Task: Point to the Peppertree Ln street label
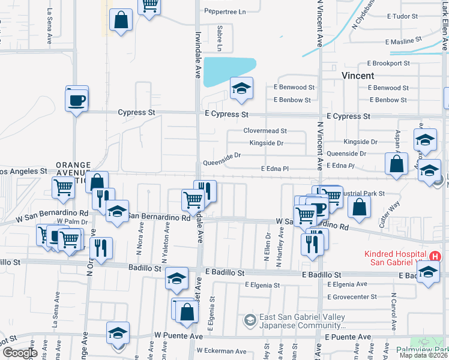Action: pyautogui.click(x=225, y=11)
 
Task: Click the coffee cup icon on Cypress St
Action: pyautogui.click(x=77, y=99)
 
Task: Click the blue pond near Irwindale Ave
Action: pyautogui.click(x=229, y=71)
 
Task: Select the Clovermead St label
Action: pyautogui.click(x=265, y=130)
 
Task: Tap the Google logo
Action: pyautogui.click(x=19, y=352)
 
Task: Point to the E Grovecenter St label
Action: pyautogui.click(x=352, y=296)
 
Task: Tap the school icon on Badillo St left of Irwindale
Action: pyautogui.click(x=176, y=277)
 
